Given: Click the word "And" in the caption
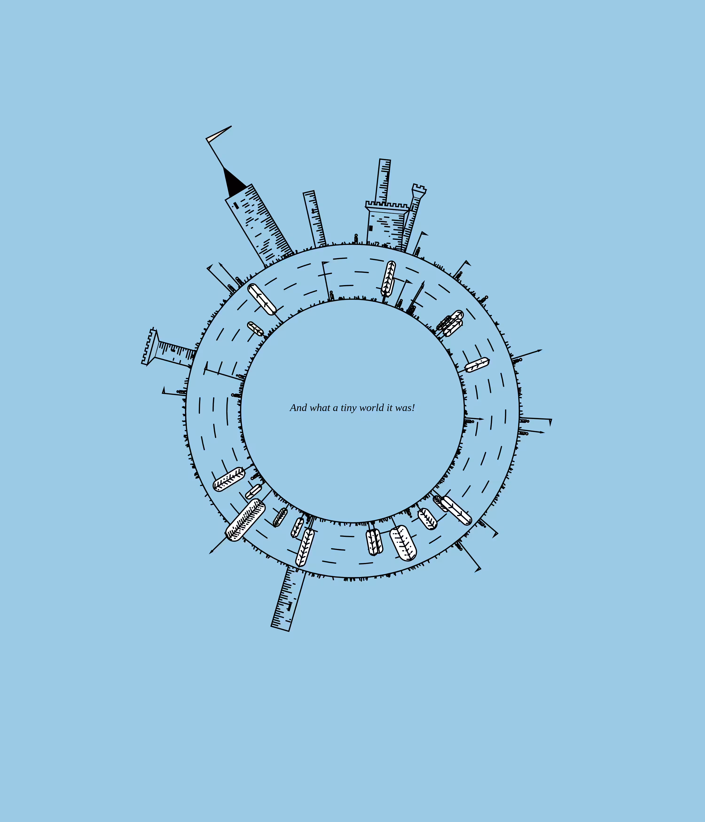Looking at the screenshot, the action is point(298,408).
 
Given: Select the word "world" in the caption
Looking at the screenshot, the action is point(372,408).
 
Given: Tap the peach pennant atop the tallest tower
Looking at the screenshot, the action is point(218,133).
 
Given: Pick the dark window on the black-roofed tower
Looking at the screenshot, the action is point(236,205).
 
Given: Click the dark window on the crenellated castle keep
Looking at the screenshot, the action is point(371,228).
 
